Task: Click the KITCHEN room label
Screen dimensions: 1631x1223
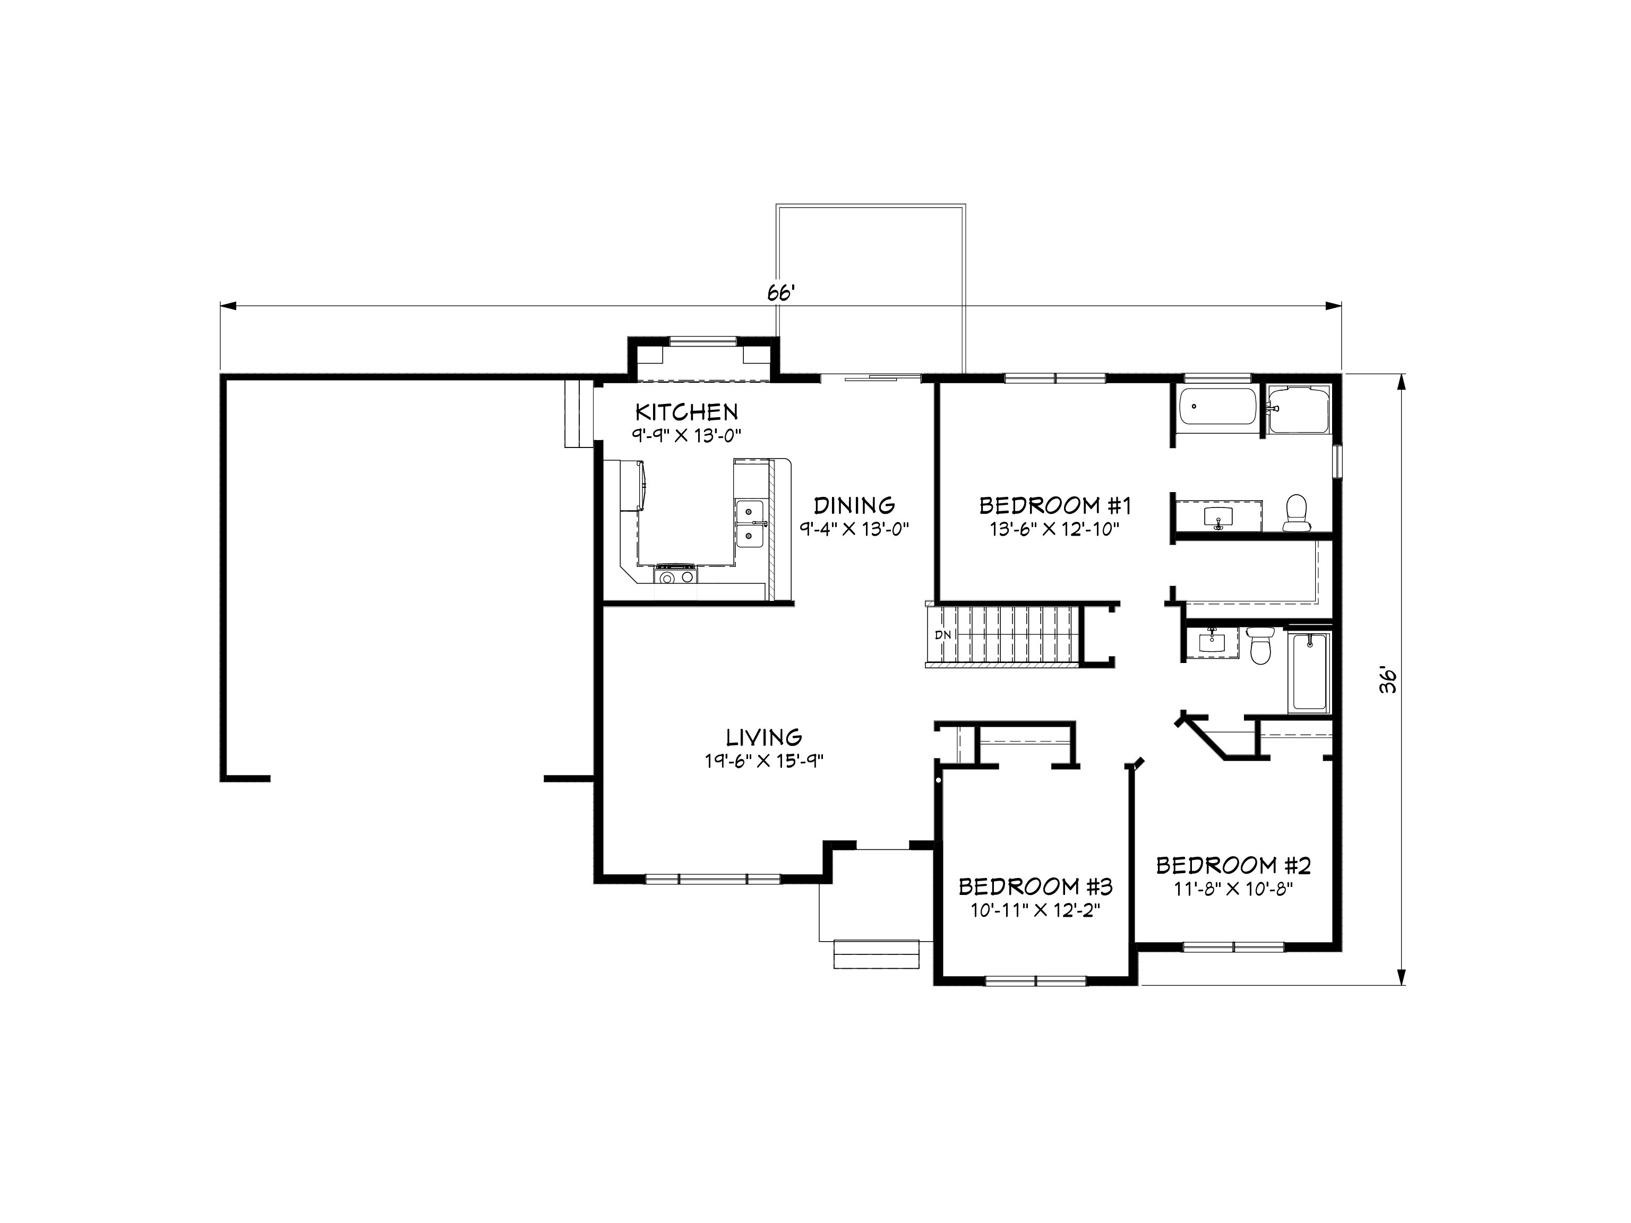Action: pos(686,411)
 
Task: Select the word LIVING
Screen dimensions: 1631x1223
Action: pos(764,737)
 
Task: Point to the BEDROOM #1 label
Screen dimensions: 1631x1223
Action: pos(1054,506)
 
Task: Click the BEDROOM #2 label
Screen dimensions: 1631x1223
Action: pos(1233,865)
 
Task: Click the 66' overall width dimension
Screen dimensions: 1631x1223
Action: pos(780,294)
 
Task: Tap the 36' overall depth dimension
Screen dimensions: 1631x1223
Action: pos(1389,679)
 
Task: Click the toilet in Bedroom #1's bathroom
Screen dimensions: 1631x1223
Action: pos(1295,512)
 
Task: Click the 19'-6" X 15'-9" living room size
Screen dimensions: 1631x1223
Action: pos(764,761)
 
